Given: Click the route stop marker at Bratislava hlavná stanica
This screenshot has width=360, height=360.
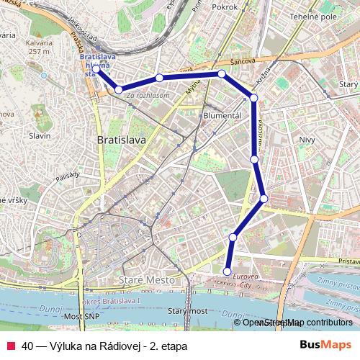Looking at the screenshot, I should click(96, 69).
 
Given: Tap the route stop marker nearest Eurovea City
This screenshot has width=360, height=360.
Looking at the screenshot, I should click(228, 271).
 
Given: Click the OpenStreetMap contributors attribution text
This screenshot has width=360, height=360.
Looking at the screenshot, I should click(297, 323).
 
